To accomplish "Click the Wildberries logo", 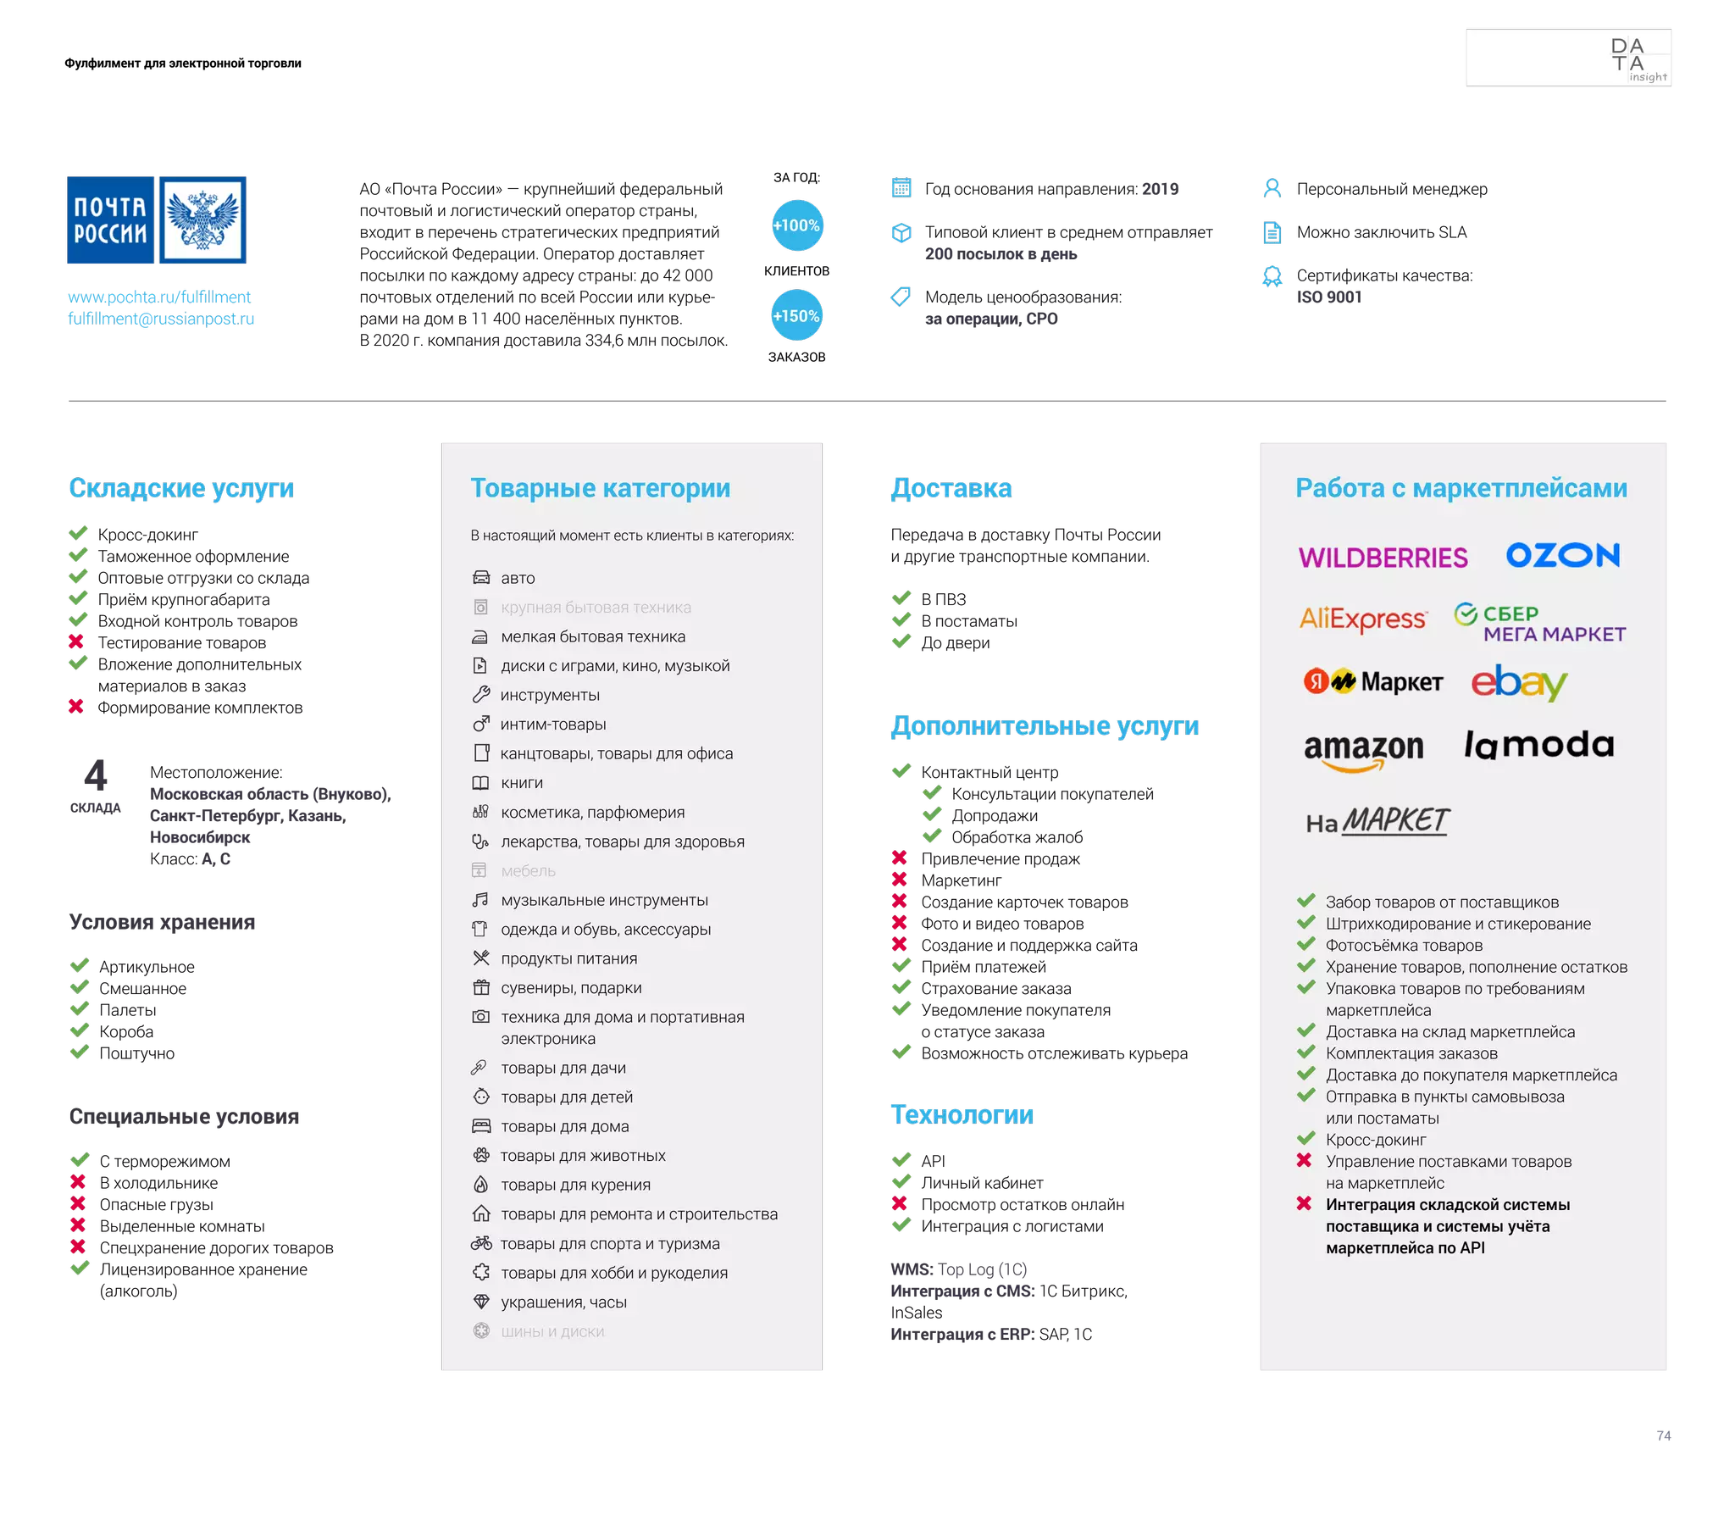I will pos(1383,558).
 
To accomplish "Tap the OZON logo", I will pos(1562,556).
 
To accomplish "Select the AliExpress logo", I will pos(1362,619).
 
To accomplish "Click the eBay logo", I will pos(1519,683).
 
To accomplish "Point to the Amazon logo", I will pos(1363,751).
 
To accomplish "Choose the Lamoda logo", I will pos(1538,745).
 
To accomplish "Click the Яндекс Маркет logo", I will pos(1373,681).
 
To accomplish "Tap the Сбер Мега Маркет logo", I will pos(1539,624).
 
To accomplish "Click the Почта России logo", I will pos(157,220).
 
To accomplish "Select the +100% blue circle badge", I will pos(796,225).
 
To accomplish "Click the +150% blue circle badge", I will pos(796,316).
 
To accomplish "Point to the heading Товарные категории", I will pos(600,488).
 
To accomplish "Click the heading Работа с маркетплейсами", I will pos(1461,488).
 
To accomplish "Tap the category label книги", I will pos(522,783).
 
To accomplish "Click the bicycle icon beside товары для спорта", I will pos(481,1243).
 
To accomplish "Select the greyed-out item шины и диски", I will pos(552,1331).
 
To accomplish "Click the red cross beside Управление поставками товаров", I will pos(1305,1160).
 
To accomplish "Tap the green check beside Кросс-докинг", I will pos(1305,1138).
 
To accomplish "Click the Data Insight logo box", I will pos(1568,58).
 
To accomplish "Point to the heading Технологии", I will pos(962,1114).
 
